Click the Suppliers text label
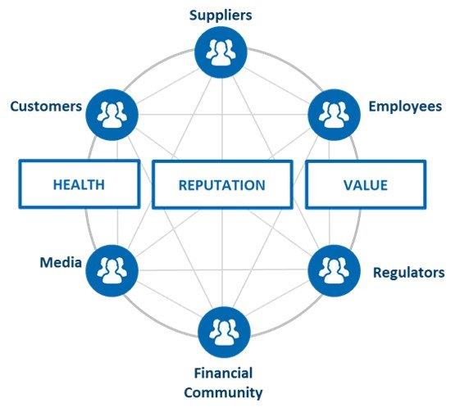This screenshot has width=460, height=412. [x=221, y=16]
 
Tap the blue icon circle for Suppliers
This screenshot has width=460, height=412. [x=221, y=52]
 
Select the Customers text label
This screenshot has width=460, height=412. [x=46, y=106]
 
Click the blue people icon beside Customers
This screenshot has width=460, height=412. [x=112, y=115]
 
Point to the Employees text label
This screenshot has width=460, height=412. [x=405, y=106]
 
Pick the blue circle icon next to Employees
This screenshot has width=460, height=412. [x=335, y=115]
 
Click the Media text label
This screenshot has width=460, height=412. [x=61, y=262]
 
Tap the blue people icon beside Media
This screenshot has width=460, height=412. [x=112, y=271]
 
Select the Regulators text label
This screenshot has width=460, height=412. [x=408, y=273]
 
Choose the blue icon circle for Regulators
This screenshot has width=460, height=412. [x=335, y=271]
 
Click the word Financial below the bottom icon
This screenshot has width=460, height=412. [x=223, y=373]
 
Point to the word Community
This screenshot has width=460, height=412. [x=223, y=392]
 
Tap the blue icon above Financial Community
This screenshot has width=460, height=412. [x=224, y=332]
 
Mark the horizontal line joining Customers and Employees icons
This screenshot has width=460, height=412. [x=223, y=115]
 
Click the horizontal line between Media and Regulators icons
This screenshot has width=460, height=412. [x=223, y=269]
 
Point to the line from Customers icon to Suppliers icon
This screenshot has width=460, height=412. [x=167, y=87]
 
